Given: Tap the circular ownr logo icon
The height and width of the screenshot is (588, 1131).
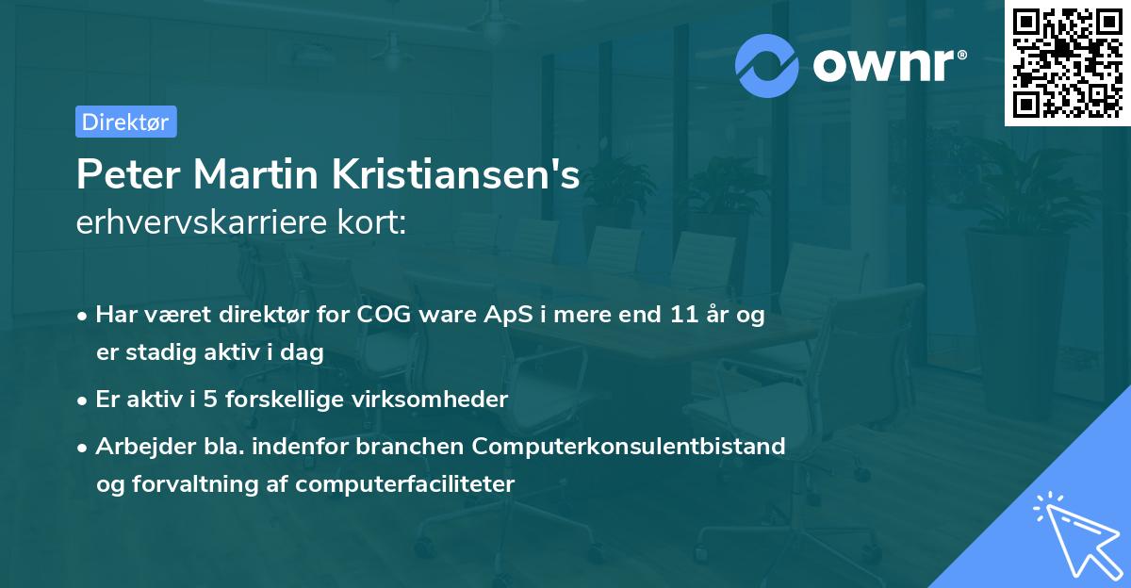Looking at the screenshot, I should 767,65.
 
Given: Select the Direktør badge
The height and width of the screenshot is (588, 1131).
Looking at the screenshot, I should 125,122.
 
